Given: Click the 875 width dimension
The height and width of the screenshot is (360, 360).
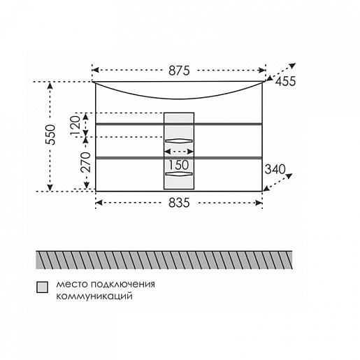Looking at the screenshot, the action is pyautogui.click(x=179, y=71).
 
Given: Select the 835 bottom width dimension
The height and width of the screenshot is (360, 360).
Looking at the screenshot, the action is pyautogui.click(x=179, y=203).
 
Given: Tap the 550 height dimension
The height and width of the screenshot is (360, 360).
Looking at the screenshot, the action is pyautogui.click(x=50, y=135).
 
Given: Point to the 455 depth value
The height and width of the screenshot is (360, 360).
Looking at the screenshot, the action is pyautogui.click(x=285, y=81).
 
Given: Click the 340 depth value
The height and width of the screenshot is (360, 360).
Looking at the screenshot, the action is pyautogui.click(x=275, y=169).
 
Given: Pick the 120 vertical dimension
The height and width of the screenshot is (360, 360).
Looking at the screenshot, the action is pyautogui.click(x=75, y=125).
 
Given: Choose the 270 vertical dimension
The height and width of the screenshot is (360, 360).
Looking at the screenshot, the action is pyautogui.click(x=85, y=162).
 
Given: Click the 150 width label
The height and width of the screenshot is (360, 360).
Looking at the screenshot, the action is pyautogui.click(x=179, y=165).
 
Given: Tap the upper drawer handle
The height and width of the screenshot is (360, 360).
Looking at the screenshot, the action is pyautogui.click(x=179, y=141).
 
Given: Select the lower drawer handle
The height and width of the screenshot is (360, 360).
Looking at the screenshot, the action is pyautogui.click(x=179, y=173).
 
